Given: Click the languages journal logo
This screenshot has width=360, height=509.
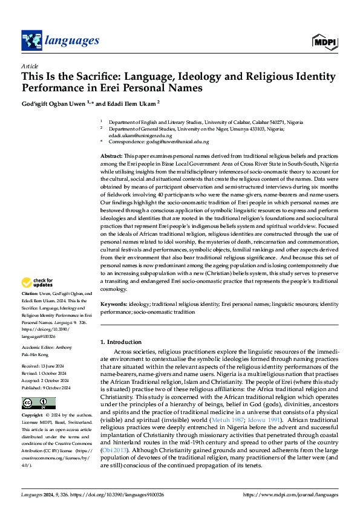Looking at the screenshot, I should pos(60,41).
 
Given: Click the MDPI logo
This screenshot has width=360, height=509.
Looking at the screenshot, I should pos(325,41).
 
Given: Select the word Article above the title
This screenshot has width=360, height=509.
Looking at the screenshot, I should pos(29,66).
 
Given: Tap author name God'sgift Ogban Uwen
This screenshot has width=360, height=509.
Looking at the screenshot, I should pos(53,103).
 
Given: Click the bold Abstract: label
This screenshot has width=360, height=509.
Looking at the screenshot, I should pos(111,157).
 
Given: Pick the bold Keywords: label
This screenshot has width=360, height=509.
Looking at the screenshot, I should pos(114,305).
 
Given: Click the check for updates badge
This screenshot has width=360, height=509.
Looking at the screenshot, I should pos(38,282).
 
